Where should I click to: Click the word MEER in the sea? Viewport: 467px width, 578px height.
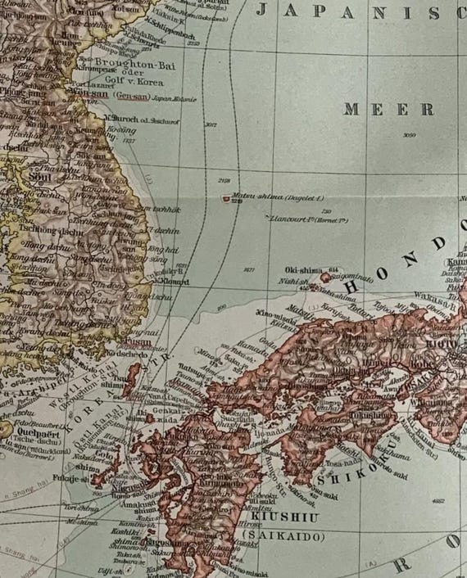click(x=388, y=109)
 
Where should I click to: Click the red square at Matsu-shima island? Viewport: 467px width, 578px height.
click(x=225, y=197)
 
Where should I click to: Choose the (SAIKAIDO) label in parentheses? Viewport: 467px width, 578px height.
click(x=283, y=536)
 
